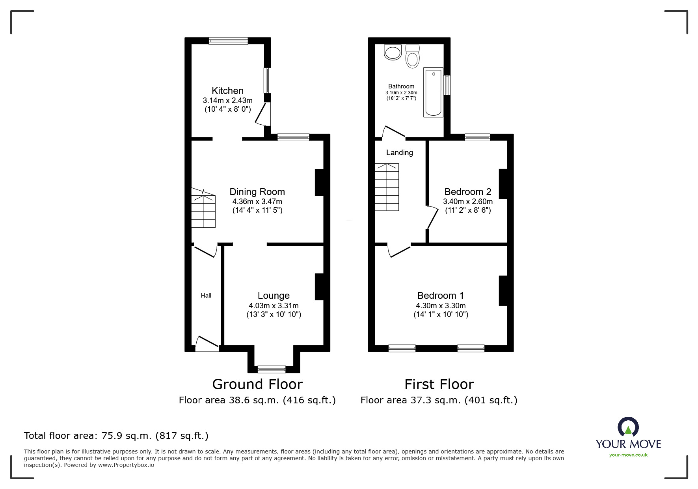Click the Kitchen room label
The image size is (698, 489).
pos(227,91)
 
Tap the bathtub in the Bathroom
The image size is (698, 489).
pos(433,92)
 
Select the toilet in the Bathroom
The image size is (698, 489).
pos(412,57)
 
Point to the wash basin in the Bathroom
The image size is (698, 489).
pos(393,52)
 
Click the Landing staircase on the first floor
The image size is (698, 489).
pos(387,187)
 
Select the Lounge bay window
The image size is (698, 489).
pos(272,369)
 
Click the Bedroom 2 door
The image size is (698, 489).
pos(432,217)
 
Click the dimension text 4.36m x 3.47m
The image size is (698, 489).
pos(257,201)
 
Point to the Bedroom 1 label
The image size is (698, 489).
pos(440,296)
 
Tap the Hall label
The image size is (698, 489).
pos(206,296)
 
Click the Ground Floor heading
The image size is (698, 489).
pos(257,384)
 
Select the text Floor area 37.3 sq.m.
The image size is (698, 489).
pos(410,400)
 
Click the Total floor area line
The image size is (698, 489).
pos(116,436)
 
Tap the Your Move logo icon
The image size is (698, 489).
pos(628,427)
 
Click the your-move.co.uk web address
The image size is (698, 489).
pos(628,455)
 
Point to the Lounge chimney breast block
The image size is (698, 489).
pos(319,287)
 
